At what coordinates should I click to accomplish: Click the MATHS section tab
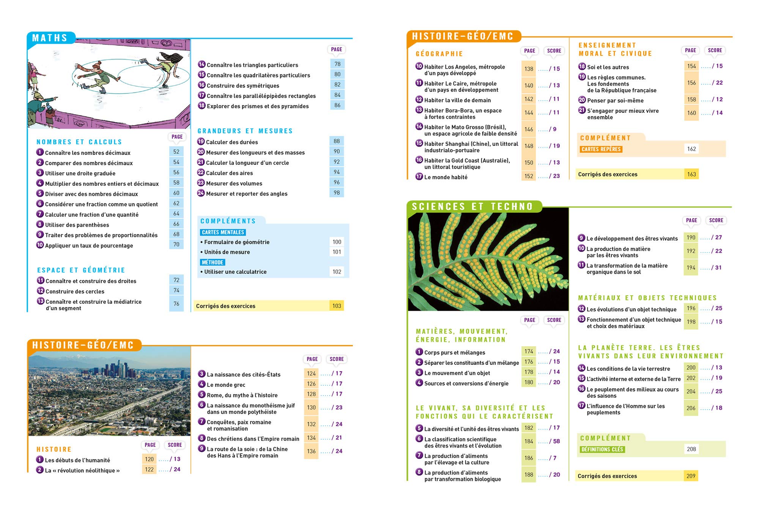click(50, 38)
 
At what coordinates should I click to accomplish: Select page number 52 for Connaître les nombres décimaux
click(176, 152)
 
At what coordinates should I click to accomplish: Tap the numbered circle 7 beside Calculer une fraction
click(40, 214)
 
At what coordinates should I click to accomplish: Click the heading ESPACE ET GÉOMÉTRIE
click(81, 270)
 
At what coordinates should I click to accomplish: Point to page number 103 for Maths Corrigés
click(337, 306)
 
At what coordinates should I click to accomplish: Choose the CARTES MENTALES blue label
click(223, 232)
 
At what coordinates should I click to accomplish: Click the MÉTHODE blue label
click(213, 262)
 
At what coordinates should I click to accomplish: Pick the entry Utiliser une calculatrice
click(235, 272)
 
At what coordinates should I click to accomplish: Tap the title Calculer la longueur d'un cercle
click(247, 163)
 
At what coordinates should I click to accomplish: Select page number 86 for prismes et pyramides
click(337, 105)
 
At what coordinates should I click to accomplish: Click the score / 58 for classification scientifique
click(554, 441)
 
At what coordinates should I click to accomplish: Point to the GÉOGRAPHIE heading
click(439, 54)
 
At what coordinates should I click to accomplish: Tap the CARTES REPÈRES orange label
click(601, 149)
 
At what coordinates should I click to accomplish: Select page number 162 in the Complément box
click(691, 149)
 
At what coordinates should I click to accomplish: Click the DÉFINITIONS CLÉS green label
click(602, 449)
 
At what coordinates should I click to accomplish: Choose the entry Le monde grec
click(226, 385)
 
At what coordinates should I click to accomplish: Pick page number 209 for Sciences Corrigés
click(691, 476)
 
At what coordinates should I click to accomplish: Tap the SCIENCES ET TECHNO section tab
click(472, 206)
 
